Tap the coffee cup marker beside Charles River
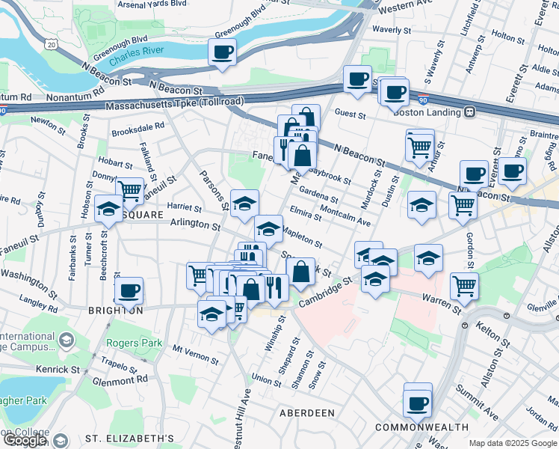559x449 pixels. pos(223,53)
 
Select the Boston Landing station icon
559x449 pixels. pos(470,112)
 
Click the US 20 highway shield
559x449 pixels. pos(50,45)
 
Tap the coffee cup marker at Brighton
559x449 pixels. pos(129,291)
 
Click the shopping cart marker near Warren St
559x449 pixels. pos(465,286)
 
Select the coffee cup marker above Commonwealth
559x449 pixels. pos(417,404)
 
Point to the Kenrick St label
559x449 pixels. pos(60,370)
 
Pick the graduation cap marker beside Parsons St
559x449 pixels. pos(244,204)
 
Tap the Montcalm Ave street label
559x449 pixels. pos(345,218)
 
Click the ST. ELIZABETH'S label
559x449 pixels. pos(129,439)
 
